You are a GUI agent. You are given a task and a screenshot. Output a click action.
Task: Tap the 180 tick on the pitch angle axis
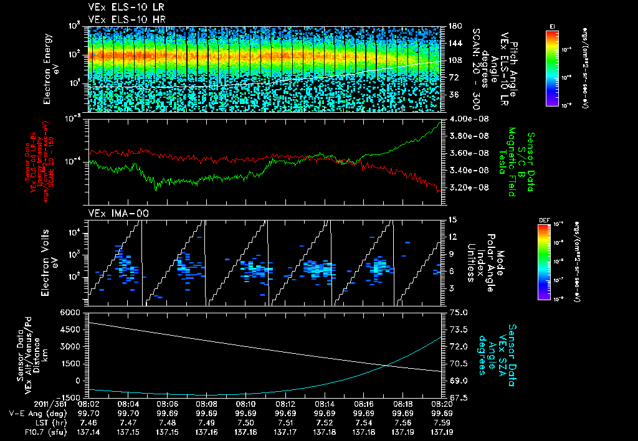pos(454,26)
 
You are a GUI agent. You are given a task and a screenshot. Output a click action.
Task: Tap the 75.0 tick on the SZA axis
pos(459,311)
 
